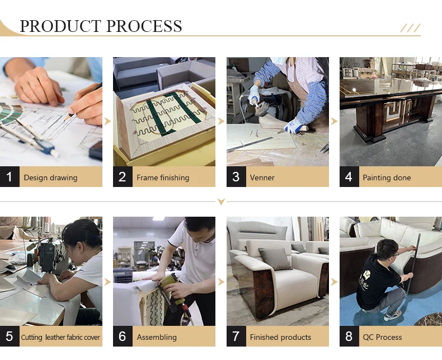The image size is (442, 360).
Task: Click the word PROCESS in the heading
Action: tap(144, 26)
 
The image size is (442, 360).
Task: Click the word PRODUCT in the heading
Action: tap(60, 26)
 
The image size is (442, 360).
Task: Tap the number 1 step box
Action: tap(10, 176)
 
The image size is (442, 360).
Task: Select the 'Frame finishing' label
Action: tap(163, 177)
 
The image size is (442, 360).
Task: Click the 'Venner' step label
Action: tap(262, 177)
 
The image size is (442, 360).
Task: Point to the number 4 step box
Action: tap(349, 176)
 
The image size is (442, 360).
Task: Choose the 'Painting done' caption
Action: tap(387, 177)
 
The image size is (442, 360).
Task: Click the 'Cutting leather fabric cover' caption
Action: tap(60, 337)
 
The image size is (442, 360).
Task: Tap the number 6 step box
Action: tap(123, 336)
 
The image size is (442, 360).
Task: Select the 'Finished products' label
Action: tap(280, 337)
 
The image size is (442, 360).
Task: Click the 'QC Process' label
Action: tap(382, 337)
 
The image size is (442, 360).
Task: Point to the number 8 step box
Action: tap(349, 336)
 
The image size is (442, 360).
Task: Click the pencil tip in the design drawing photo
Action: tap(65, 120)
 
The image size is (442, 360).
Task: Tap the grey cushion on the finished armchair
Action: tap(275, 259)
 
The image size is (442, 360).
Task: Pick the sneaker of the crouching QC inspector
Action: tap(393, 315)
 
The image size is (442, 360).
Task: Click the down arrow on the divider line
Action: tap(222, 202)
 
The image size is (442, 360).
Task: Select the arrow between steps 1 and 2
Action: tap(107, 121)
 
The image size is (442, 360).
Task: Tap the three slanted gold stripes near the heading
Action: tap(411, 28)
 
